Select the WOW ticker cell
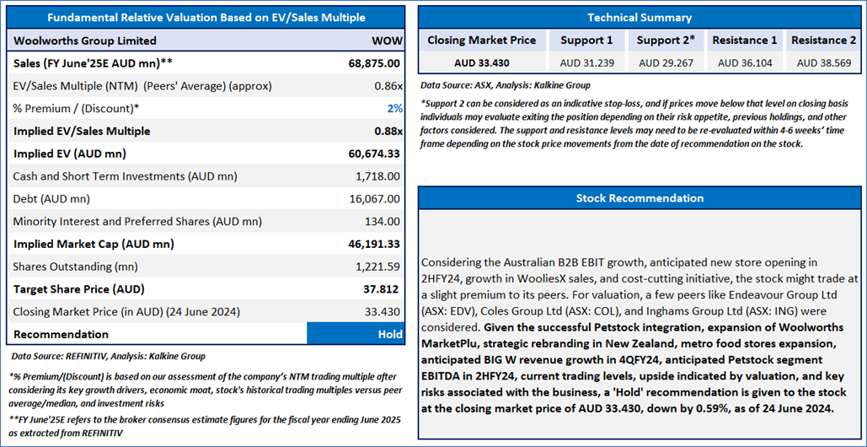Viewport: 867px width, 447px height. pyautogui.click(x=386, y=40)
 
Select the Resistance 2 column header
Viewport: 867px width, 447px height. pyautogui.click(x=824, y=40)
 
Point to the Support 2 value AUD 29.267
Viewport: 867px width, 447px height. pyautogui.click(x=666, y=62)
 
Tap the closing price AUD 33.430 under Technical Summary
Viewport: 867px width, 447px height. pyautogui.click(x=481, y=62)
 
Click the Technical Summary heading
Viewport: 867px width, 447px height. pyautogui.click(x=639, y=17)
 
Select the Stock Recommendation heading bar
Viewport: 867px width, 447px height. pyautogui.click(x=639, y=198)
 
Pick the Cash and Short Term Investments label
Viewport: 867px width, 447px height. pyautogui.click(x=125, y=176)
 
